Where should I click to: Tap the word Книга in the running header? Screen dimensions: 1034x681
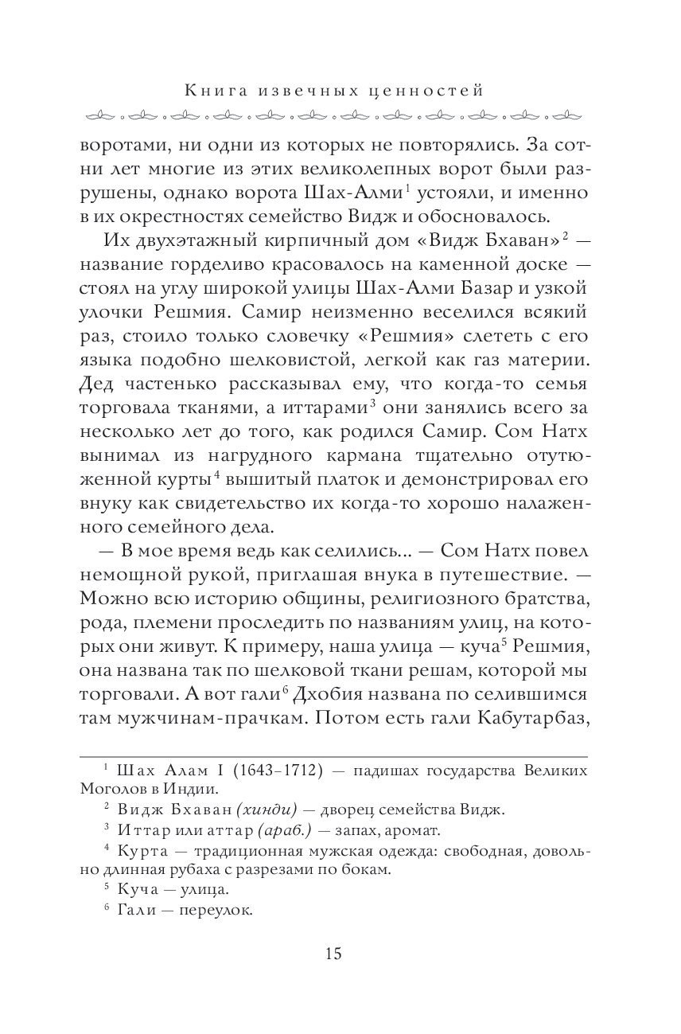point(211,91)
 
